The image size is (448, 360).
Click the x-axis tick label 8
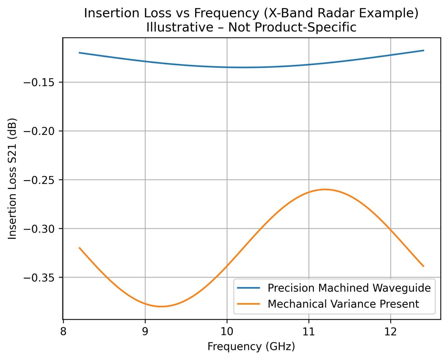pos(63,331)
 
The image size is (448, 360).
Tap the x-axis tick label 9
pos(145,331)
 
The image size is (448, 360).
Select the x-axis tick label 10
pos(227,331)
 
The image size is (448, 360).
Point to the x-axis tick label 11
pos(309,331)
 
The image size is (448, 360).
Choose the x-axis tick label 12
pos(391,331)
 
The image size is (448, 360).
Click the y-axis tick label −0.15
pos(40,82)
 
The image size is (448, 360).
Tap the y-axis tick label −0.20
pos(40,131)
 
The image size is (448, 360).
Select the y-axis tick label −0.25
pos(40,180)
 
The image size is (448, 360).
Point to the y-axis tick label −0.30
pos(40,229)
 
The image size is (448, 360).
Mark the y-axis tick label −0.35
pos(40,278)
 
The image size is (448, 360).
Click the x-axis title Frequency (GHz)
pos(251,347)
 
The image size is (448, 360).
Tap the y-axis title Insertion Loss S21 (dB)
pos(12,178)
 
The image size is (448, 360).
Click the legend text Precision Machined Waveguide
pos(349,288)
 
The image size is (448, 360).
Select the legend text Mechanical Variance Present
pos(343,304)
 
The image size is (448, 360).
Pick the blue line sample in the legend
pos(249,288)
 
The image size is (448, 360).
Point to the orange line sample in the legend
pos(249,304)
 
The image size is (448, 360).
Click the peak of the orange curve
pos(325,189)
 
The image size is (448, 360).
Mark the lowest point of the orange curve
pos(161,306)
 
